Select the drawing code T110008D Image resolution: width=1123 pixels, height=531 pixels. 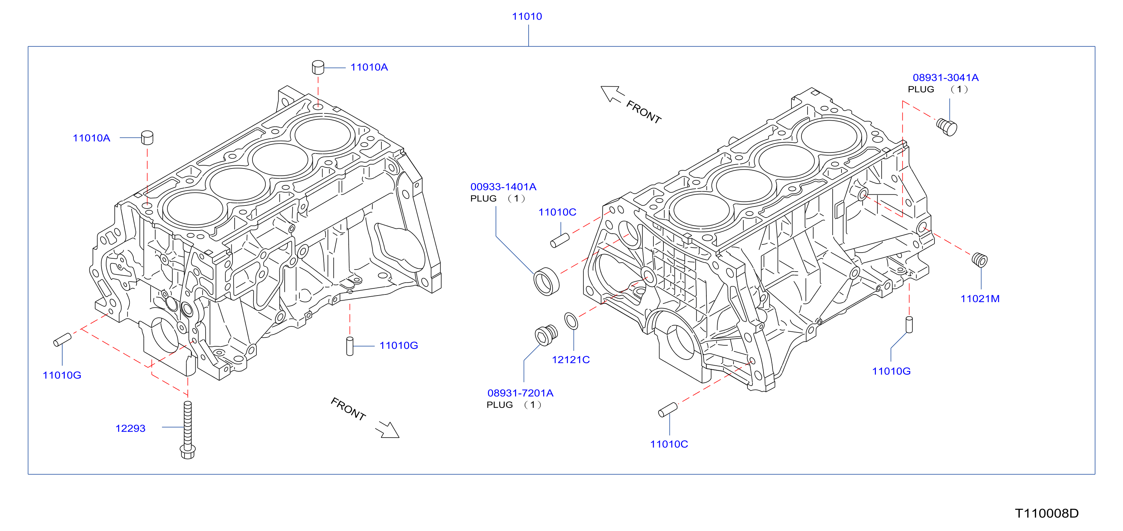click(x=1047, y=513)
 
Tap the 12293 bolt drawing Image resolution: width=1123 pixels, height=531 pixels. click(x=187, y=430)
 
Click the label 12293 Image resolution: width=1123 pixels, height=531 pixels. click(x=130, y=428)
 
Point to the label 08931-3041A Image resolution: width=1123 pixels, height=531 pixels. click(x=946, y=78)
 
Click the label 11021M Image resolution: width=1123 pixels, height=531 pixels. click(x=980, y=299)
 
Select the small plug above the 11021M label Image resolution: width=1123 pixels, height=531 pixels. click(x=980, y=260)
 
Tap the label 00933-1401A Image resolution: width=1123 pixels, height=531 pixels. click(x=503, y=187)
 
